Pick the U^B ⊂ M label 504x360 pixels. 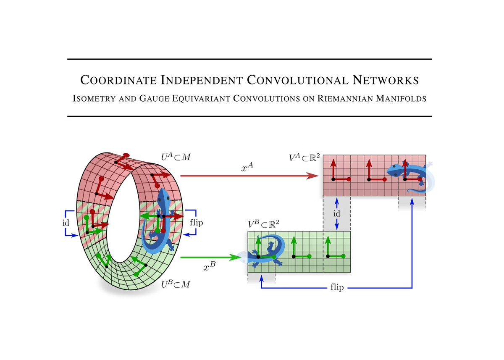(176, 284)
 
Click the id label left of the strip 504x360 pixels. (66, 222)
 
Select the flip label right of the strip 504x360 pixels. (196, 222)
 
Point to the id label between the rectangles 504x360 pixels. (336, 213)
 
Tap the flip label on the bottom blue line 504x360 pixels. (337, 288)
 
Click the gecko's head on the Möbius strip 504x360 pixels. (163, 197)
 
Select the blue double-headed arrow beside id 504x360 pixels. (336, 213)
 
